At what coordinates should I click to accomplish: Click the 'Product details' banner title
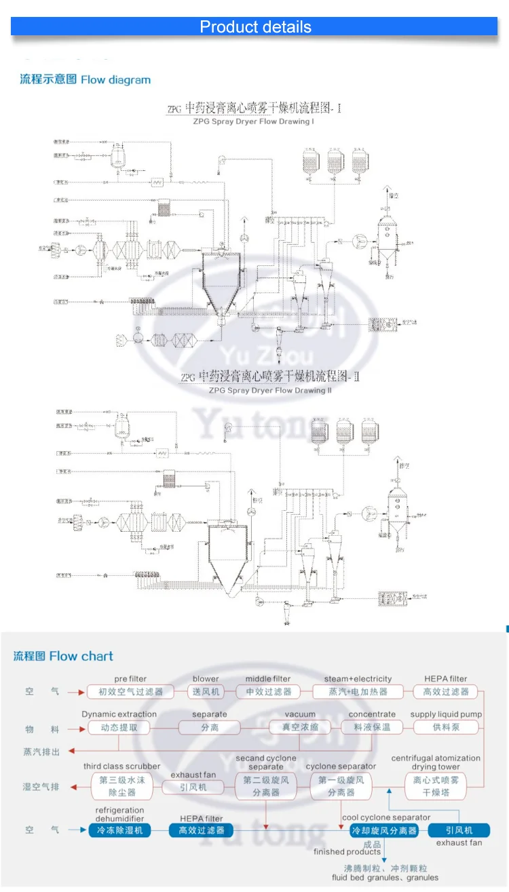(255, 27)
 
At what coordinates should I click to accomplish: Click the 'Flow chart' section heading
(64, 656)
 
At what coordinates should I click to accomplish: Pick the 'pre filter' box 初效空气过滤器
(130, 692)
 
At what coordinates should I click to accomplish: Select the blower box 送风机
(206, 692)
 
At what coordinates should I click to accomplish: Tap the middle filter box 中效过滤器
(268, 692)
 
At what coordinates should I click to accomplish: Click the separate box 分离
(209, 727)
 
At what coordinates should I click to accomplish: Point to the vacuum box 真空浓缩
(300, 727)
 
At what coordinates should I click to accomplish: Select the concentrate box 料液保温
(372, 727)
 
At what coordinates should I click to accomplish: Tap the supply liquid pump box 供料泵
(446, 727)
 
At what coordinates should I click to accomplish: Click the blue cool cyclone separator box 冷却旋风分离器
(383, 830)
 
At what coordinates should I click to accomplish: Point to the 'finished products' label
(347, 852)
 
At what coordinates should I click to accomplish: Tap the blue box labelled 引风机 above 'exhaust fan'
(459, 830)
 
